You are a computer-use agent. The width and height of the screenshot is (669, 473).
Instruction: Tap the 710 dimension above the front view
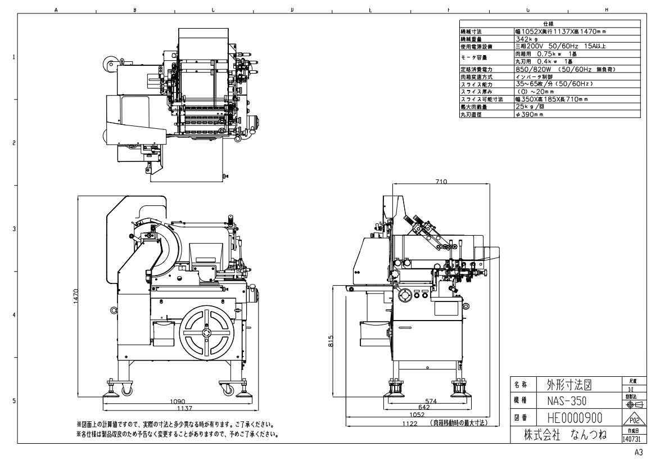coord(441,182)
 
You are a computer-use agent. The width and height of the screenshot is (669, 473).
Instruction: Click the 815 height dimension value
coord(332,341)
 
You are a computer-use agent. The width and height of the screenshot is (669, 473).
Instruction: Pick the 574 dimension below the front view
coord(431,401)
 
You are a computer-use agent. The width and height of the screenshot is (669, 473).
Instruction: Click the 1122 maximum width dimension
coord(410,423)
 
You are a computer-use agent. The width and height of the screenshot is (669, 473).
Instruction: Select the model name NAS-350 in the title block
coord(567,403)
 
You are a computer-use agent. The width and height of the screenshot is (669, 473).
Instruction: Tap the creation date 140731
coord(632,439)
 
